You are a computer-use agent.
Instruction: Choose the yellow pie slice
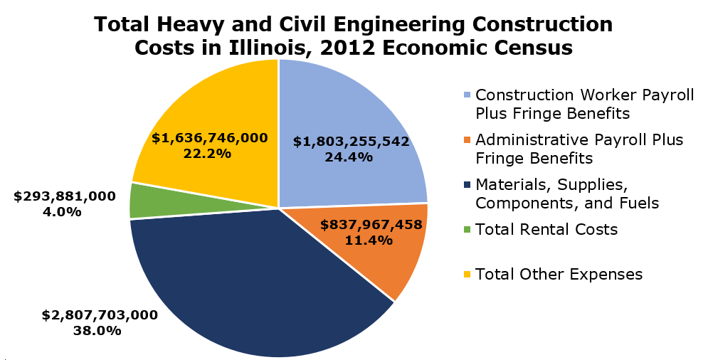coord(213,107)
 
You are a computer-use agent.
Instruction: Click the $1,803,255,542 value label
coord(351,142)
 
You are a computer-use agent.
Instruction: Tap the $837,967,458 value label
coord(371,225)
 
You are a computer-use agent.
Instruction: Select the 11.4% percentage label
coord(370,240)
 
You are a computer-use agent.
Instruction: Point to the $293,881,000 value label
coord(65,196)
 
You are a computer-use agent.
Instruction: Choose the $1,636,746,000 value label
coord(209,137)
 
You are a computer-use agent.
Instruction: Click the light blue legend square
coord(466,95)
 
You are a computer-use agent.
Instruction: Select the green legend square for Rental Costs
coord(466,230)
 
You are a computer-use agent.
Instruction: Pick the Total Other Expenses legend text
coord(559,274)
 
